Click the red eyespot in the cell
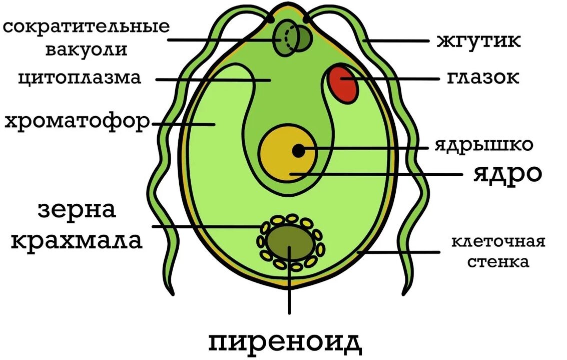pos(343,85)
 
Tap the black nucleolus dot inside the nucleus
pos(298,151)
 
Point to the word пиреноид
pos(285,342)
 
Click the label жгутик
pos(478,41)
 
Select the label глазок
pos(483,78)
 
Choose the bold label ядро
pos(507,175)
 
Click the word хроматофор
pos(77,122)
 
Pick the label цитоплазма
pos(80,78)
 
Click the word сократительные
pos(86,27)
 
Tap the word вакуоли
pos(86,50)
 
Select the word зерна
pos(77,210)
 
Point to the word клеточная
pos(498,241)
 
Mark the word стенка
pos(498,261)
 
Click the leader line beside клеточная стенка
pos(399,252)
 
